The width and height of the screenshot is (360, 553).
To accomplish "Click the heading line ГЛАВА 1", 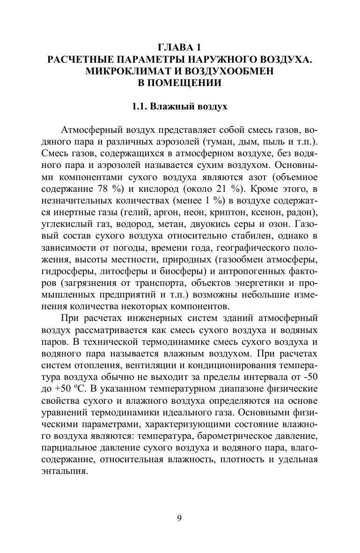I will tap(180, 47).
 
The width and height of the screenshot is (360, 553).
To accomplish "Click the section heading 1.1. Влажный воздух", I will tap(180, 107).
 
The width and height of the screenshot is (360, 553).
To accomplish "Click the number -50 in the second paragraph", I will tap(309, 364).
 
